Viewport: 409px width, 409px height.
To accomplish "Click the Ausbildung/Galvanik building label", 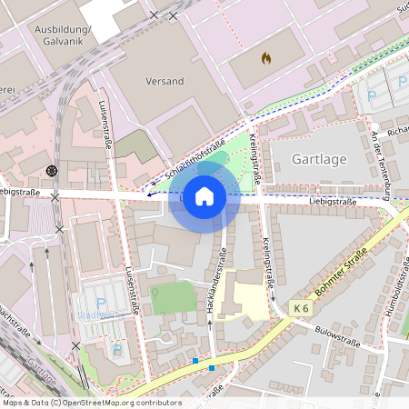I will pos(63,35).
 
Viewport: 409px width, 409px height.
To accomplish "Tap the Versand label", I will pos(165,81).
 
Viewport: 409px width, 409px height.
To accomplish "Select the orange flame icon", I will pos(266,58).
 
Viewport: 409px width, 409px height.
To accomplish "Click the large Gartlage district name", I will pos(320,159).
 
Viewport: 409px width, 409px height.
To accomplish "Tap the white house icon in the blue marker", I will pos(204,196).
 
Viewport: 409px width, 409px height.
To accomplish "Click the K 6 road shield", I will pos(302,310).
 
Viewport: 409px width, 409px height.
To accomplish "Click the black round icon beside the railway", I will pos(51,170).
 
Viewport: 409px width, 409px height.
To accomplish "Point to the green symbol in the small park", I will pos(155,293).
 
